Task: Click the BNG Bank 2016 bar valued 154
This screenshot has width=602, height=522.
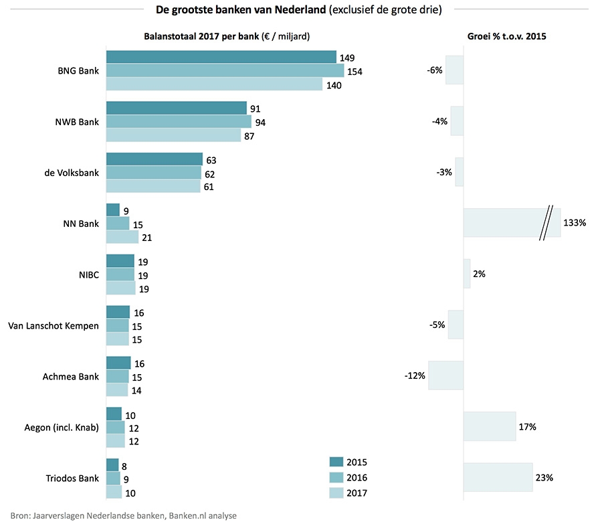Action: pyautogui.click(x=225, y=70)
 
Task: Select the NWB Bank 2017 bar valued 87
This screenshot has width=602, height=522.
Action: pyautogui.click(x=173, y=135)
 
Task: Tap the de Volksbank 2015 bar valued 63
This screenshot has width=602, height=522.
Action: pyautogui.click(x=154, y=159)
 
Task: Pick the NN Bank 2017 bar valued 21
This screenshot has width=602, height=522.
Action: pyautogui.click(x=122, y=237)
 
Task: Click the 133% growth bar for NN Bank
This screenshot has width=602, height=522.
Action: pyautogui.click(x=512, y=223)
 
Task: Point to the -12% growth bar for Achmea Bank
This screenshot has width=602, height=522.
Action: pyautogui.click(x=445, y=375)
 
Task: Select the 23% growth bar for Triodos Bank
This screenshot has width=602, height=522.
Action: pyautogui.click(x=498, y=478)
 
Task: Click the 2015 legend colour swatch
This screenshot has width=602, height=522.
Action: pyautogui.click(x=336, y=462)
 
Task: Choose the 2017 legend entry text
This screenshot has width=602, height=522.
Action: pyautogui.click(x=357, y=493)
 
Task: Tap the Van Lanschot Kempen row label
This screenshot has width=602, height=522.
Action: pyautogui.click(x=53, y=326)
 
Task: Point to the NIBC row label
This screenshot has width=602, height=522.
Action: pyautogui.click(x=88, y=274)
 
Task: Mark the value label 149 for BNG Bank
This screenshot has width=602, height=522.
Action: pyautogui.click(x=348, y=58)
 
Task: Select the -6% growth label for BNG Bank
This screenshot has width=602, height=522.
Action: pyautogui.click(x=434, y=70)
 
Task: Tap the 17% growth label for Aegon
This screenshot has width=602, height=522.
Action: pyautogui.click(x=528, y=426)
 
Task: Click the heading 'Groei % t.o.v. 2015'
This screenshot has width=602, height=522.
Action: pyautogui.click(x=506, y=36)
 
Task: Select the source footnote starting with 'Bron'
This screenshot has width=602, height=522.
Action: pyautogui.click(x=123, y=515)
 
